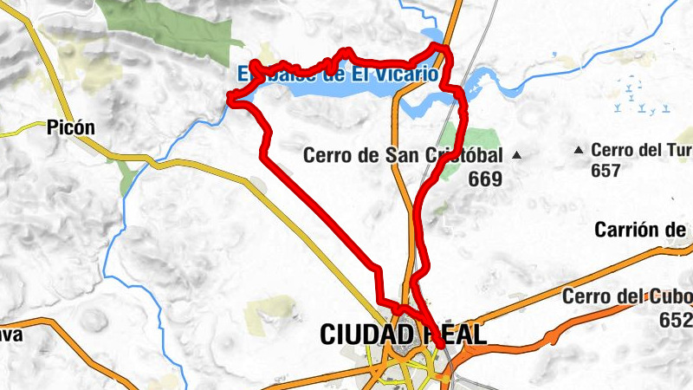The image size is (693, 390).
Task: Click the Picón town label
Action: [x=72, y=127]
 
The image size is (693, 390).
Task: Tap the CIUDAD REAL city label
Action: [x=403, y=334]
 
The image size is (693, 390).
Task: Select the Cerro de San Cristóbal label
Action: [x=403, y=155]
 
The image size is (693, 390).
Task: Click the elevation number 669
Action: [x=484, y=179]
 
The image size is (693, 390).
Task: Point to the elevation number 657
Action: [x=606, y=171]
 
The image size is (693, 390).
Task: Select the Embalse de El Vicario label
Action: [x=338, y=74]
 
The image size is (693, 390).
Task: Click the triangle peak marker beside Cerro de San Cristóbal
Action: [x=517, y=155]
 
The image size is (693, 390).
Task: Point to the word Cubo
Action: [x=673, y=296]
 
